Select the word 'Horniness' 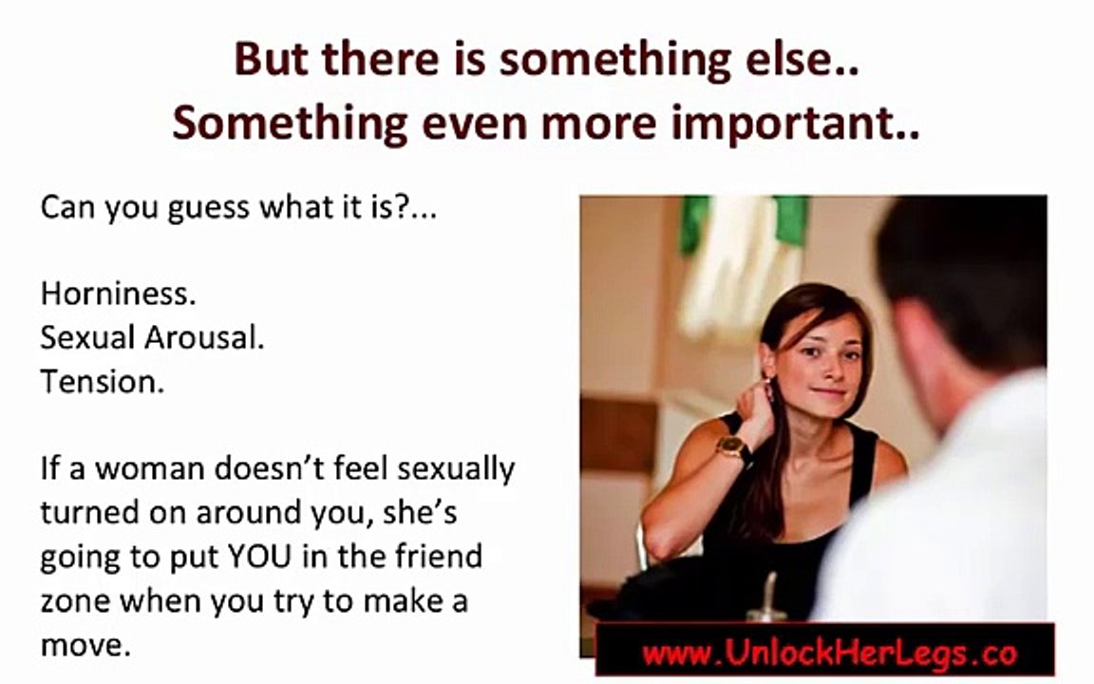pyautogui.click(x=118, y=294)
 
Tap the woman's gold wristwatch pyautogui.click(x=733, y=446)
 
